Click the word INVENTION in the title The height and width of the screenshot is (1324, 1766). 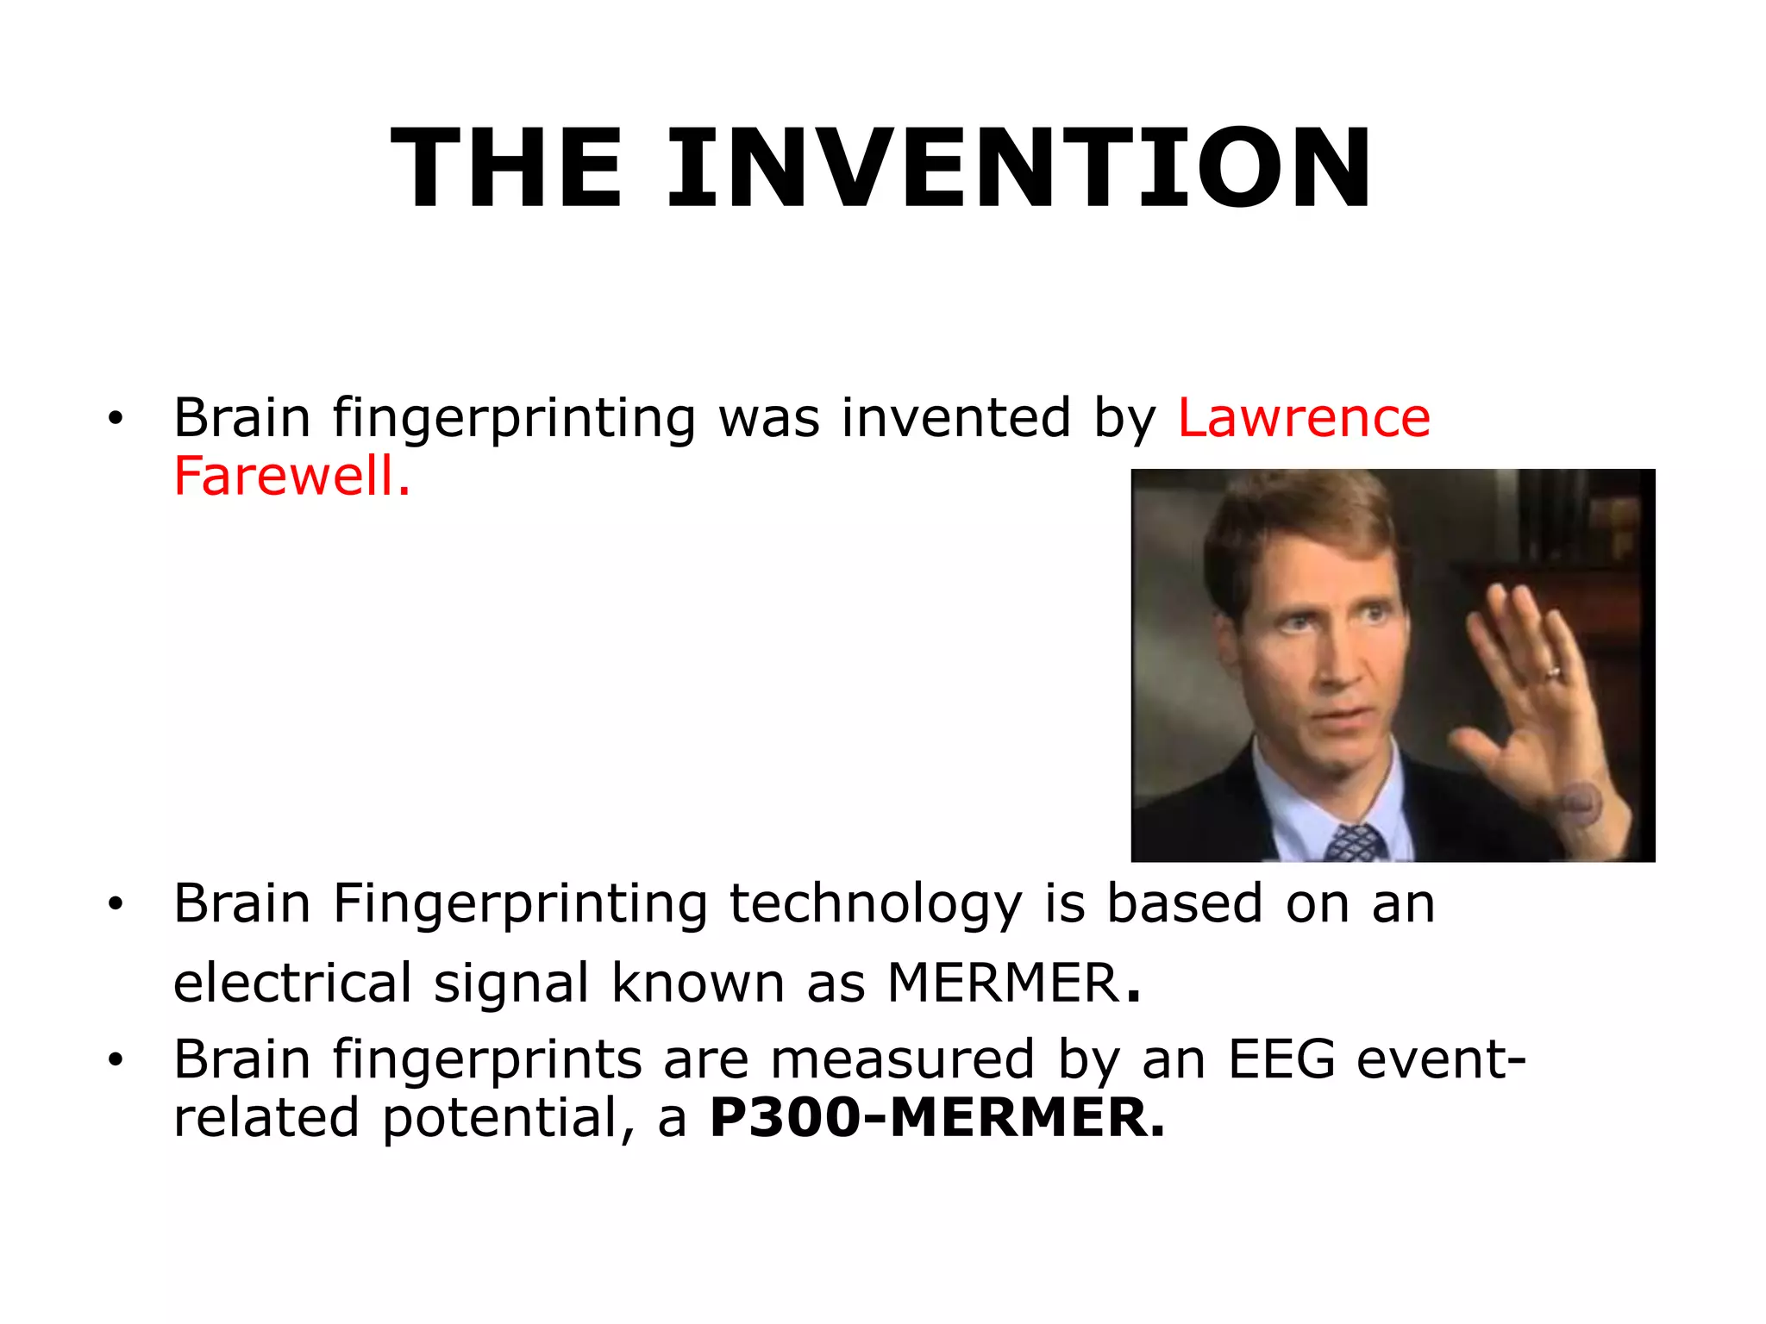tap(1019, 168)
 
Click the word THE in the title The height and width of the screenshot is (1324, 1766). tap(507, 168)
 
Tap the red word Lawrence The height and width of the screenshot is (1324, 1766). tap(1304, 419)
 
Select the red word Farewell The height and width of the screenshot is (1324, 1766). tap(291, 477)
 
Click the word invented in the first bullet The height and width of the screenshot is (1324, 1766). tap(956, 419)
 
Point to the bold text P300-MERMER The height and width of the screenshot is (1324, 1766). tap(936, 1118)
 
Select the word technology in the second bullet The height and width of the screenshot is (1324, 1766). tap(875, 906)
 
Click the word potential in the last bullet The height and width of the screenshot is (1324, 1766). tap(499, 1118)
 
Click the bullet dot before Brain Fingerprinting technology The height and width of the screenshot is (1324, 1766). tap(116, 905)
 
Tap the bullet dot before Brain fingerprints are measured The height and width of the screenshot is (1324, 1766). tap(116, 1059)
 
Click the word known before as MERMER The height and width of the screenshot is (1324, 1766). tap(698, 983)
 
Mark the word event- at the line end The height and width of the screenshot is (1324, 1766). tap(1441, 1059)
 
